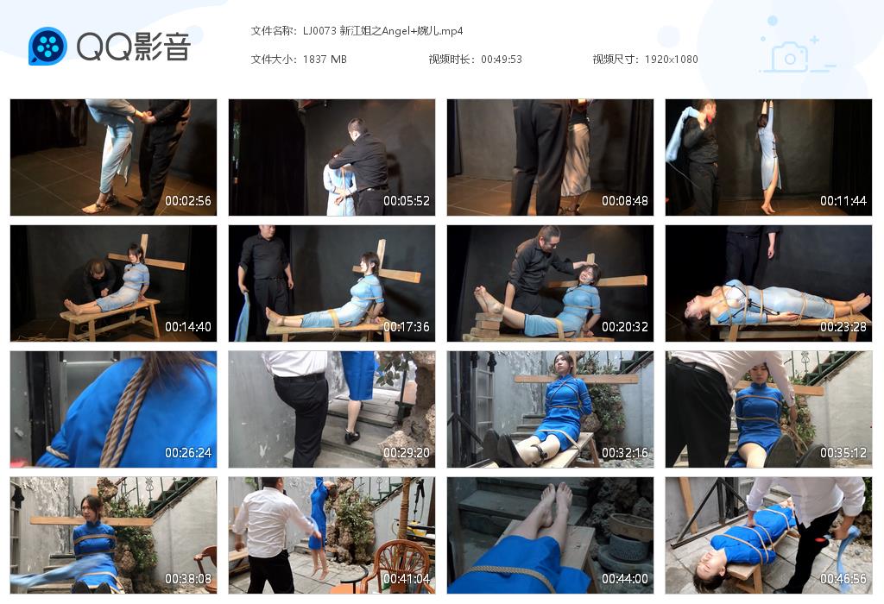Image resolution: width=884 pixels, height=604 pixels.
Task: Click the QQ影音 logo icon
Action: [47, 46]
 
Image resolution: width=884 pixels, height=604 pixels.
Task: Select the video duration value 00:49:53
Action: [502, 60]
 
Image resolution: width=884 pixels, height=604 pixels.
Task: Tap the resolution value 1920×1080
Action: [671, 60]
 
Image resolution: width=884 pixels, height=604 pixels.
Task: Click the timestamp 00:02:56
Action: [188, 201]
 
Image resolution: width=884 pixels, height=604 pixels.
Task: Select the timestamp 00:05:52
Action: [407, 201]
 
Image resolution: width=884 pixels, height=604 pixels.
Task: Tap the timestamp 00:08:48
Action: [625, 201]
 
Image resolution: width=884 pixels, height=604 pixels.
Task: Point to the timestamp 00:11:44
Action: [843, 201]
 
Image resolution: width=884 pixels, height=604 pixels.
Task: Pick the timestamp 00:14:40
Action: [188, 327]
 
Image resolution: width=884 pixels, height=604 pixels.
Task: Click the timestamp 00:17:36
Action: [407, 327]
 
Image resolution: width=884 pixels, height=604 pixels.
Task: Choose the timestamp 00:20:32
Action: [625, 327]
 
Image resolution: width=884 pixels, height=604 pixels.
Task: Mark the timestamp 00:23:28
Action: [843, 327]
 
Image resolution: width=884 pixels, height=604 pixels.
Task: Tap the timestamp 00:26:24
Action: [188, 453]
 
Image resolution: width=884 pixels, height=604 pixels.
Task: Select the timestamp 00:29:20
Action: [407, 453]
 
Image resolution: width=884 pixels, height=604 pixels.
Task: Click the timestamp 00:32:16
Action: [625, 453]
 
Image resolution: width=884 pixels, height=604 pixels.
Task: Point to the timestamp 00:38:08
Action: [188, 579]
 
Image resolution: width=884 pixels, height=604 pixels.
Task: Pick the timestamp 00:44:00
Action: [625, 579]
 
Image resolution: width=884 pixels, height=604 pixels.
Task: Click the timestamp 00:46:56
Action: [843, 579]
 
